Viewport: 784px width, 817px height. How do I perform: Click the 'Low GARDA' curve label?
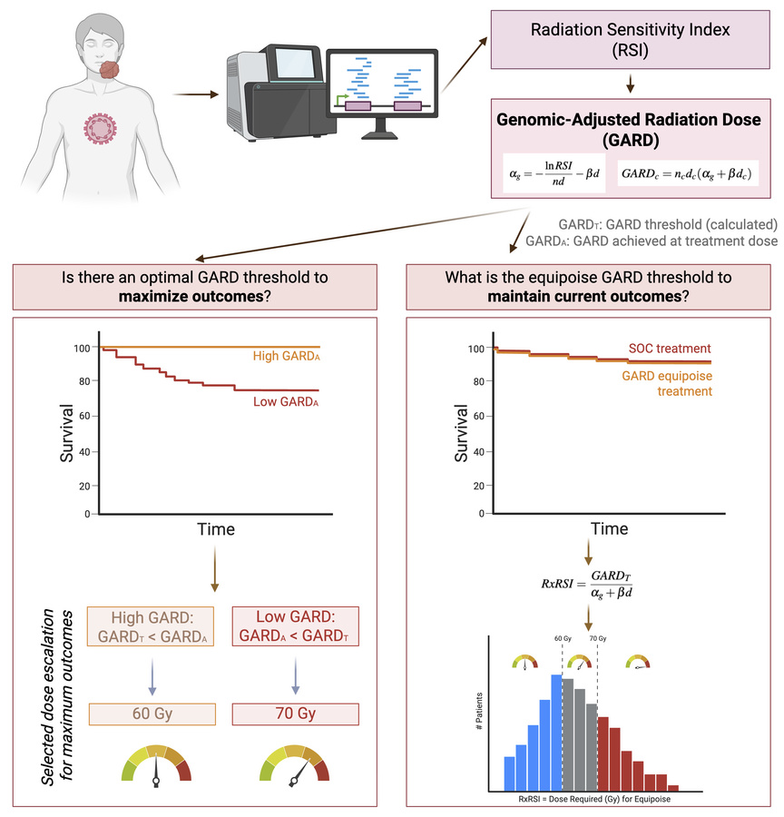click(289, 400)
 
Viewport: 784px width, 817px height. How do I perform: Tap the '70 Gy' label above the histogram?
click(598, 664)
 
